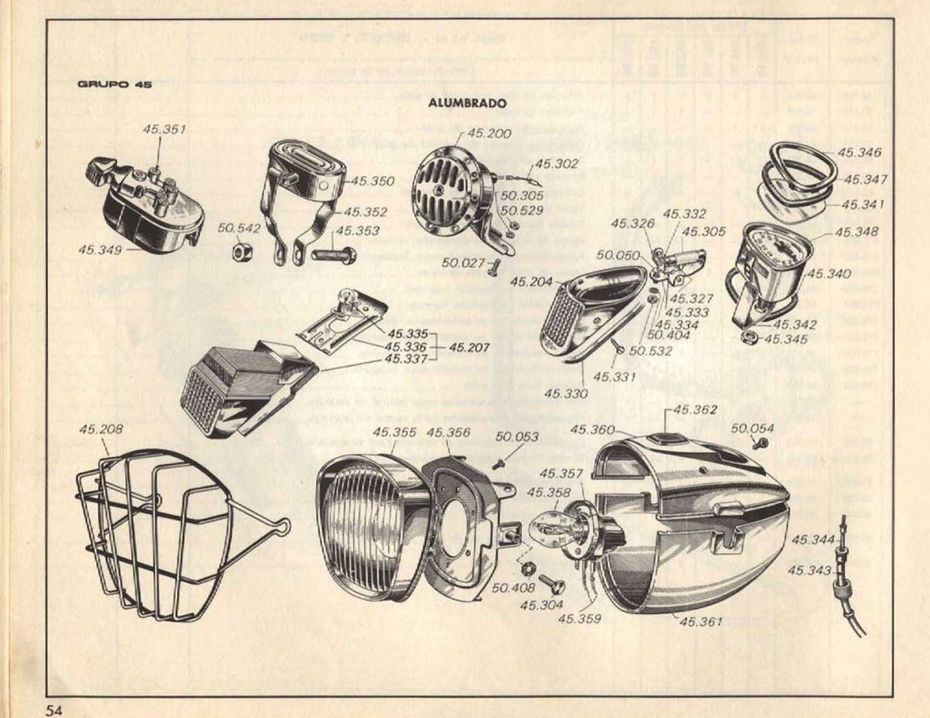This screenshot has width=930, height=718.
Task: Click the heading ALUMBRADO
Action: pyautogui.click(x=467, y=104)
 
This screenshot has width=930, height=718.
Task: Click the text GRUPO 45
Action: pyautogui.click(x=115, y=84)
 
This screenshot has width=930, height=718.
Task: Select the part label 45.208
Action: pyautogui.click(x=100, y=429)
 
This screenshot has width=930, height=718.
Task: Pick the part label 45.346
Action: pyautogui.click(x=859, y=153)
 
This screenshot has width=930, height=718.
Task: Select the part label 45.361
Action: pyautogui.click(x=701, y=622)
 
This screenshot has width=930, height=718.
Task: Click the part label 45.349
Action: pyautogui.click(x=99, y=250)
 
